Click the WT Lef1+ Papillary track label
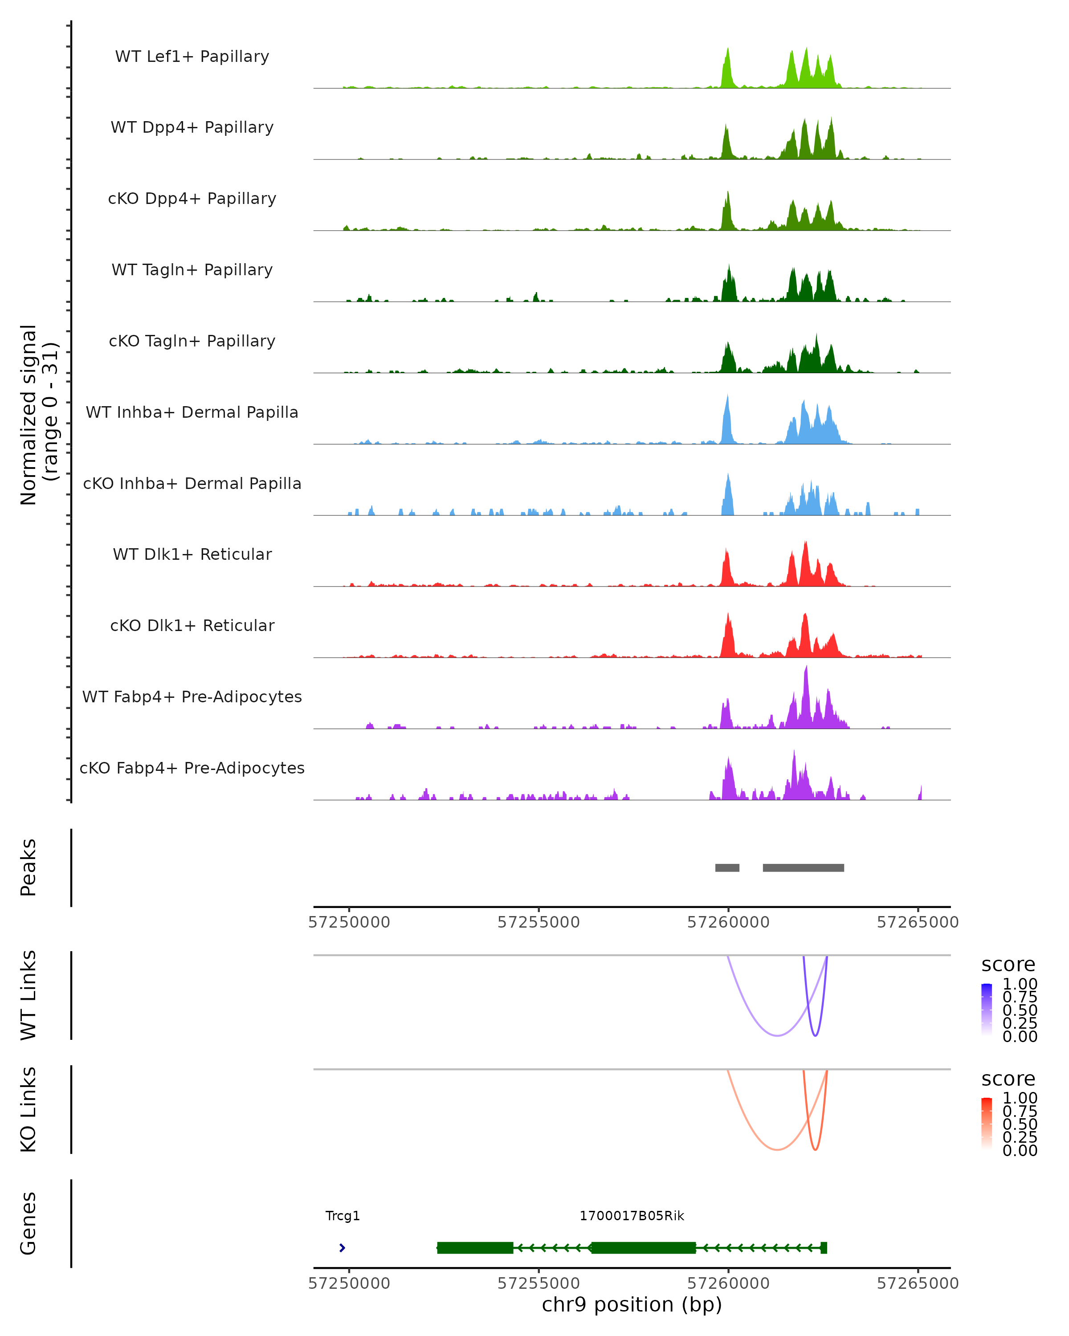pos(192,57)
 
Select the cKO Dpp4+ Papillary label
pos(192,199)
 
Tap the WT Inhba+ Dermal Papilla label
pos(192,413)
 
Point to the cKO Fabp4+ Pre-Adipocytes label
pos(192,768)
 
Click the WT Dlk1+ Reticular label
pos(192,554)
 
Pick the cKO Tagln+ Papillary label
pos(192,342)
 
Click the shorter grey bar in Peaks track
pos(727,868)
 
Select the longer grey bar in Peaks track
pos(803,868)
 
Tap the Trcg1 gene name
pos(343,1216)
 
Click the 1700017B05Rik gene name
pos(632,1216)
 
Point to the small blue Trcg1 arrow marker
pos(342,1247)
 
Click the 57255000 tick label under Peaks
pos(539,922)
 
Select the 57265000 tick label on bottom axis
pos(917,1283)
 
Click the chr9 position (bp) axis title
pos(632,1304)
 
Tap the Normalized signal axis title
pos(38,415)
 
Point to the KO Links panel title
pos(29,1109)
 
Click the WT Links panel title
pos(29,995)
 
